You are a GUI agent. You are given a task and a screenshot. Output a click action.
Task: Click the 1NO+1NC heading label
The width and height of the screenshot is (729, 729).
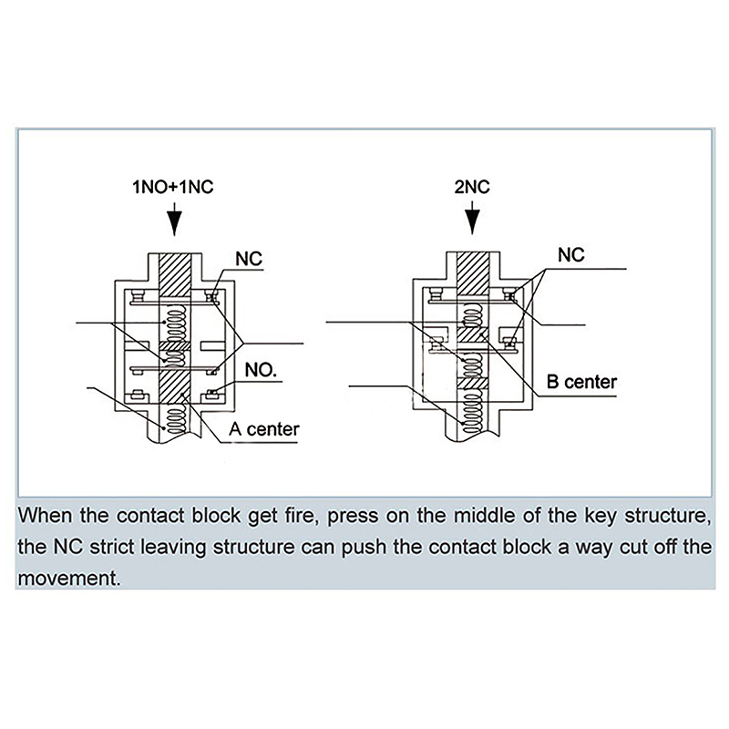click(173, 190)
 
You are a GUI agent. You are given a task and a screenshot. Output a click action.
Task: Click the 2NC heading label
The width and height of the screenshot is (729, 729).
click(472, 190)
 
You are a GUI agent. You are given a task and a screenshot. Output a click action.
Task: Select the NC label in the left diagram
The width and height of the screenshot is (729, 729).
click(248, 260)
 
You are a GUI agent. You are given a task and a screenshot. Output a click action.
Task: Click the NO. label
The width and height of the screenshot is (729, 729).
click(262, 371)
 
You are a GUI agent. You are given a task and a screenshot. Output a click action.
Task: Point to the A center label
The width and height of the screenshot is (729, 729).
click(264, 427)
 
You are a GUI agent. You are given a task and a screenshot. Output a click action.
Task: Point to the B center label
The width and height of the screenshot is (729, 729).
click(580, 382)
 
